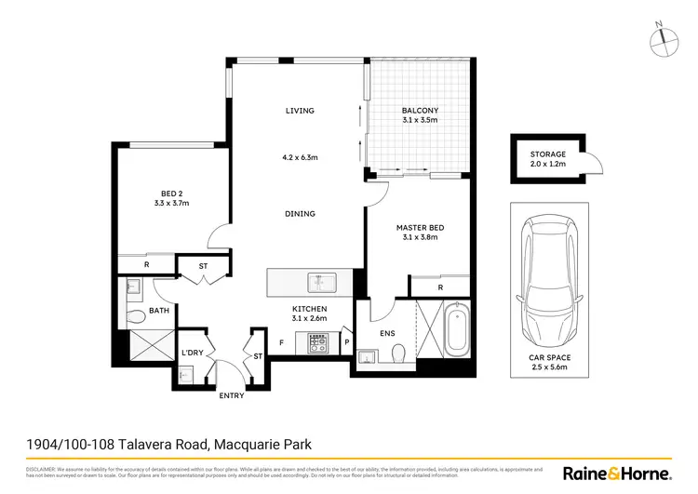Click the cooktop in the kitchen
pyautogui.click(x=315, y=345)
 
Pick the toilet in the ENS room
pyautogui.click(x=398, y=353)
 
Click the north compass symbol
pyautogui.click(x=663, y=37)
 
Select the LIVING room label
pyautogui.click(x=300, y=111)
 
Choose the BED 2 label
pyautogui.click(x=170, y=193)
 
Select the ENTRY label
pyautogui.click(x=231, y=396)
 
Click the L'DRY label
pyautogui.click(x=193, y=353)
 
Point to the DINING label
pyautogui.click(x=300, y=214)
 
